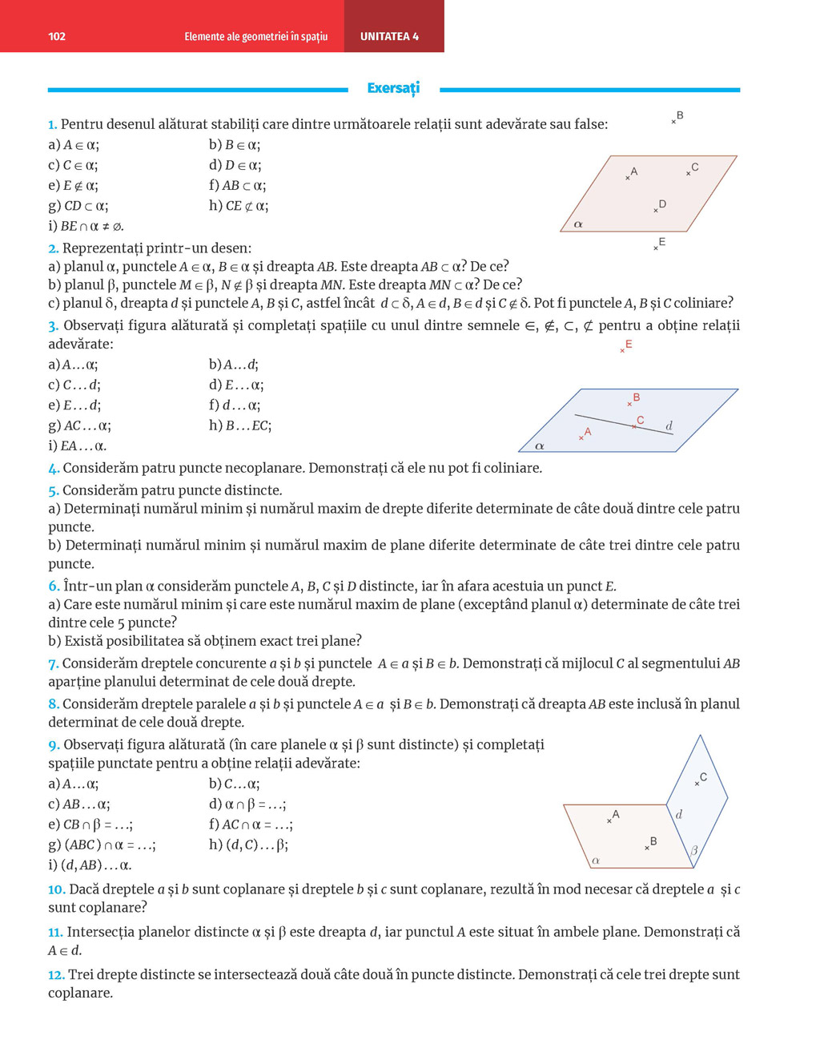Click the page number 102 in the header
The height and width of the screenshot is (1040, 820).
pyautogui.click(x=57, y=36)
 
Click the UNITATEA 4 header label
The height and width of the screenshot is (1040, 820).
pyautogui.click(x=389, y=36)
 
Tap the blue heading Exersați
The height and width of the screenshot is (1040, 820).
pyautogui.click(x=393, y=88)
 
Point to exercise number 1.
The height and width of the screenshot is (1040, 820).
pyautogui.click(x=52, y=124)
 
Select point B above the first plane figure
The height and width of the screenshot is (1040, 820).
pyautogui.click(x=677, y=118)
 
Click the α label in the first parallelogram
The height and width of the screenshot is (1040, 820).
pyautogui.click(x=578, y=224)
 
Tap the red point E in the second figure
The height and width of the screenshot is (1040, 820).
pyautogui.click(x=625, y=347)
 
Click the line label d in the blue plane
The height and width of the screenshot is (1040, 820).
pyautogui.click(x=669, y=425)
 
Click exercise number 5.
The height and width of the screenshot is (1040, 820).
pyautogui.click(x=53, y=490)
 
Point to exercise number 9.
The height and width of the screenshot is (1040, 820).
pyautogui.click(x=53, y=745)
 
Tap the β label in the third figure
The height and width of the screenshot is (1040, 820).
pyautogui.click(x=693, y=850)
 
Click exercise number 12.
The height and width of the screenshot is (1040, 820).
pyautogui.click(x=56, y=975)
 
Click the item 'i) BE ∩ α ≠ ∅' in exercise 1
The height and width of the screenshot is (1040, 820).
pyautogui.click(x=86, y=227)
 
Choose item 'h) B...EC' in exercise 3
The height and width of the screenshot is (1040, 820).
pyautogui.click(x=240, y=426)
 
